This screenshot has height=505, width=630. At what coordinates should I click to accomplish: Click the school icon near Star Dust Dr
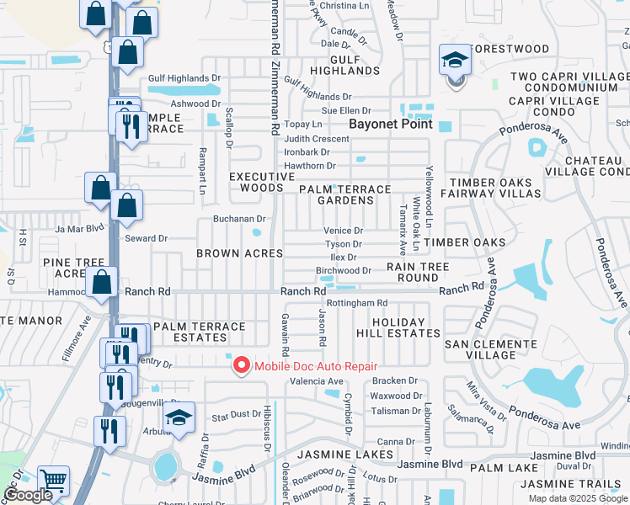click(x=179, y=417)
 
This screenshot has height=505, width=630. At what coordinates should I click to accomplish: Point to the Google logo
click(x=28, y=495)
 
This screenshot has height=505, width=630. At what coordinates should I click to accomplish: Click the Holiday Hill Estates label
click(x=406, y=327)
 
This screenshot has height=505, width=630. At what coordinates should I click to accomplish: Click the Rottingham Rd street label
click(x=356, y=303)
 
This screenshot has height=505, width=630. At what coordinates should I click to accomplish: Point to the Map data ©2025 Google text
click(x=577, y=498)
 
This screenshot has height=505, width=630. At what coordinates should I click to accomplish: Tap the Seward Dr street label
click(x=146, y=239)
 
